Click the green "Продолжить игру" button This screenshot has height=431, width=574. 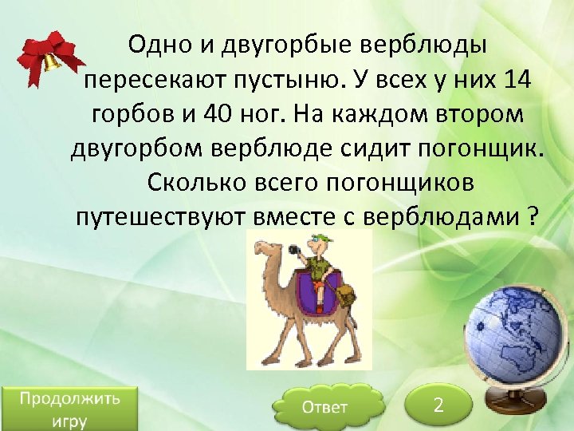[x=69, y=409]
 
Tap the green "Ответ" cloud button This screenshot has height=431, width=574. [x=324, y=407]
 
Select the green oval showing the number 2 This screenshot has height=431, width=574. [x=438, y=405]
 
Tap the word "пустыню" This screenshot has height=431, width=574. [x=309, y=80]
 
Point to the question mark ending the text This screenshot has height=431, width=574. [x=533, y=215]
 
